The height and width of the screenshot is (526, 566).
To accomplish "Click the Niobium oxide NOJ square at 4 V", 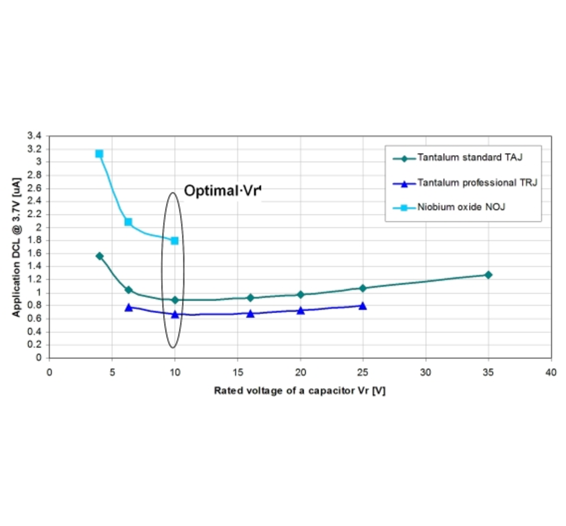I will pyautogui.click(x=99, y=154).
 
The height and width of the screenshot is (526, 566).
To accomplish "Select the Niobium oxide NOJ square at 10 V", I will pyautogui.click(x=175, y=240).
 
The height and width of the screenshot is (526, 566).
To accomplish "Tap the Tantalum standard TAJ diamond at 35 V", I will pyautogui.click(x=488, y=275).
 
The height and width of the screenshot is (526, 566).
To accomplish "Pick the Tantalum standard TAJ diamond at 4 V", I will pyautogui.click(x=99, y=256).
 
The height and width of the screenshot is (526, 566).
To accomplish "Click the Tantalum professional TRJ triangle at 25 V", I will pyautogui.click(x=363, y=306).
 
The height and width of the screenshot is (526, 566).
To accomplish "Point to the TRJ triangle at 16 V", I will pyautogui.click(x=250, y=313).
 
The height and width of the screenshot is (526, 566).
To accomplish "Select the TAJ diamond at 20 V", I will pyautogui.click(x=301, y=294).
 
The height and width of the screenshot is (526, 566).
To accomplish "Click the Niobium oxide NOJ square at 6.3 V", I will pyautogui.click(x=128, y=222).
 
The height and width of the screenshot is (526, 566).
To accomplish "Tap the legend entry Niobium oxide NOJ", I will pyautogui.click(x=461, y=207).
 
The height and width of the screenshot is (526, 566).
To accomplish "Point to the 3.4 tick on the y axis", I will pyautogui.click(x=34, y=136).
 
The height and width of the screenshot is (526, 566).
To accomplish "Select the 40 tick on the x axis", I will pyautogui.click(x=551, y=373).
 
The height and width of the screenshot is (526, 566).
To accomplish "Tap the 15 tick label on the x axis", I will pyautogui.click(x=237, y=373).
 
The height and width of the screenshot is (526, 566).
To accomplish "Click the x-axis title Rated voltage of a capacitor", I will pyautogui.click(x=299, y=391).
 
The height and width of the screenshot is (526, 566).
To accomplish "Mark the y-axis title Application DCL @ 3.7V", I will pyautogui.click(x=16, y=248).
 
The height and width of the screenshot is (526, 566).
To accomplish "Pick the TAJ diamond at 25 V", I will pyautogui.click(x=363, y=288).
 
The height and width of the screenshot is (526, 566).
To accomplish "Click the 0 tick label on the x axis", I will pyautogui.click(x=49, y=373).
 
